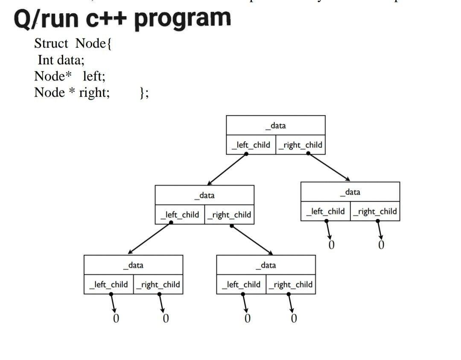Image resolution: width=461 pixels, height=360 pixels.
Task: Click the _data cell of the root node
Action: pos(275,126)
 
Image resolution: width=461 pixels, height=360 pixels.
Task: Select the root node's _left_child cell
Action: pos(251,145)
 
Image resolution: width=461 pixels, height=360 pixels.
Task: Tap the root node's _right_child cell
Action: pos(301,145)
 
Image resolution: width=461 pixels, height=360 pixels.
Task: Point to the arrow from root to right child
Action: pos(329,167)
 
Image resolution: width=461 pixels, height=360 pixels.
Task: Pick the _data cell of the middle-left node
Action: pos(204,196)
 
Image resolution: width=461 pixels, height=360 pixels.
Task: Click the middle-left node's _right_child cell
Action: pos(230,215)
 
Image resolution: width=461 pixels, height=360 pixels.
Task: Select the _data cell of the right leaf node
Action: pos(350,192)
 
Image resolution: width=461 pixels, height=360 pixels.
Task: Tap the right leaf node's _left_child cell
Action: pos(326,211)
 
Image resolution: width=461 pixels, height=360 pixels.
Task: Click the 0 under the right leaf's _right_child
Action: pos(381,245)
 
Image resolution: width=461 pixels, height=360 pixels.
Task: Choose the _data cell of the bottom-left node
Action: pos(133,265)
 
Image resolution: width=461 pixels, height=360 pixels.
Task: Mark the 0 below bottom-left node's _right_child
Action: pos(166,319)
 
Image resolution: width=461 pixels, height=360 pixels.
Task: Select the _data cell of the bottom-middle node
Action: pos(266,265)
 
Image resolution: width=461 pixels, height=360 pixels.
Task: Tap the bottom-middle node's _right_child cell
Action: pos(291,285)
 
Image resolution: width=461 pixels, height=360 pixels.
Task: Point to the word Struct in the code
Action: pos(51,43)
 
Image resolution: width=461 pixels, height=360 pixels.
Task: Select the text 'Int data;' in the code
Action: pos(61,59)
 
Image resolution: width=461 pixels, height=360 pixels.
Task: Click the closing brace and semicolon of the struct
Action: pos(144,92)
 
